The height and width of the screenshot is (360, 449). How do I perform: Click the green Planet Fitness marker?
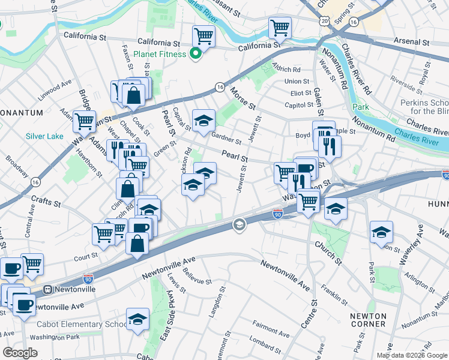coord(195,55)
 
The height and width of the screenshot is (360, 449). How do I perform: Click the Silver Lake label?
coord(44,136)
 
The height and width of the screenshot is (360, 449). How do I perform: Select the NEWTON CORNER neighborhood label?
coord(369,319)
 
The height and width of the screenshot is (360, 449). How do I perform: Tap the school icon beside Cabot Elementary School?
coord(137,319)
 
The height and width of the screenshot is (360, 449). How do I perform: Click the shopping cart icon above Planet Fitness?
coord(204,36)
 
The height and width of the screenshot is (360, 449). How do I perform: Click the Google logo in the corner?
coord(20,353)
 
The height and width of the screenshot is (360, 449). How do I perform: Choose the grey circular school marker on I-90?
coord(239,225)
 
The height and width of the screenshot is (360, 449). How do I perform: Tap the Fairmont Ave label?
coord(272,331)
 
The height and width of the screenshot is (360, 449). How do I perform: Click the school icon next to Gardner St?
coord(203,121)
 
